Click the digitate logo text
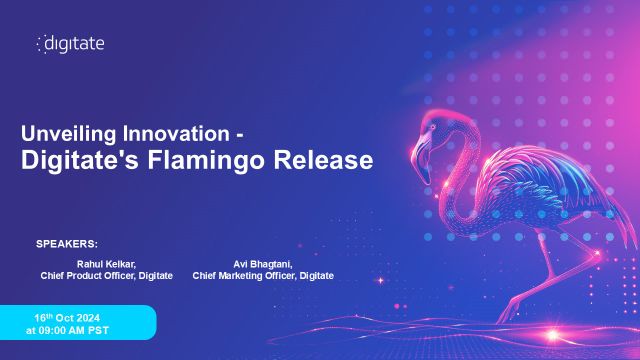click(76, 43)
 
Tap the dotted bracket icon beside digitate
click(41, 44)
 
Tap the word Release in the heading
click(330, 160)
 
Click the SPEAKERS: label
click(67, 243)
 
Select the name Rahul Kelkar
click(106, 263)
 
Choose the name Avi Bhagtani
click(263, 263)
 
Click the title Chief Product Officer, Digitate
click(106, 275)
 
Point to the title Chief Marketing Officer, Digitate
click(263, 275)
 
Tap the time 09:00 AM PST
click(67, 329)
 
